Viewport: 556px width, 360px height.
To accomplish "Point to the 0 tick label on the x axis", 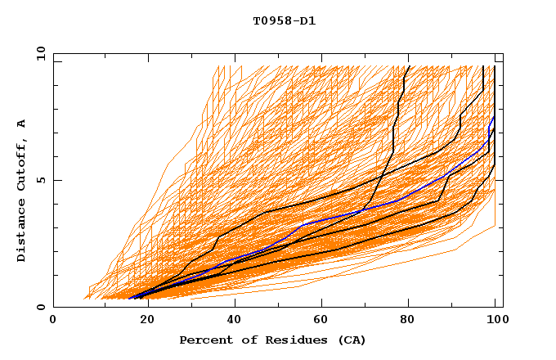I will click(53, 320).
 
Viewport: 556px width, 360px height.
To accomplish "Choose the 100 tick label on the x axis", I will click(495, 320).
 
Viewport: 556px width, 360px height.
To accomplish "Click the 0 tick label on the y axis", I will click(41, 307).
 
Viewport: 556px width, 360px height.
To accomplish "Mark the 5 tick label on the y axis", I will click(41, 180).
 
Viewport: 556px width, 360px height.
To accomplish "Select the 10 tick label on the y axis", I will click(38, 53).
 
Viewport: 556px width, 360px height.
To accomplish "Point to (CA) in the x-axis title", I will click(347, 340).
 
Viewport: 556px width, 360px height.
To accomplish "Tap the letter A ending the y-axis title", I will click(21, 124).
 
